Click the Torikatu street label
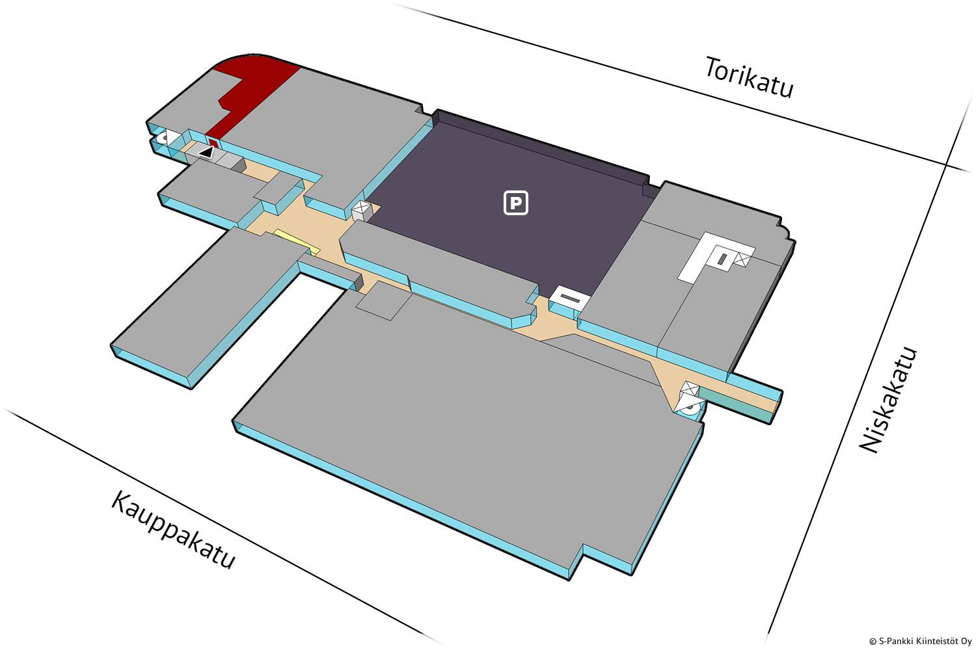pos(750,77)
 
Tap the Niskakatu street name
pos(889,400)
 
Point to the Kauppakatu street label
pos(172,530)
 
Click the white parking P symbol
pos(516,203)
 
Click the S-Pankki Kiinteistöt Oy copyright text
pos(920,641)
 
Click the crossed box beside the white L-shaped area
pos(742,260)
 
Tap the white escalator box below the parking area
pos(570,300)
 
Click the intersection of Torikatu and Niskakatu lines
pos(947,165)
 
